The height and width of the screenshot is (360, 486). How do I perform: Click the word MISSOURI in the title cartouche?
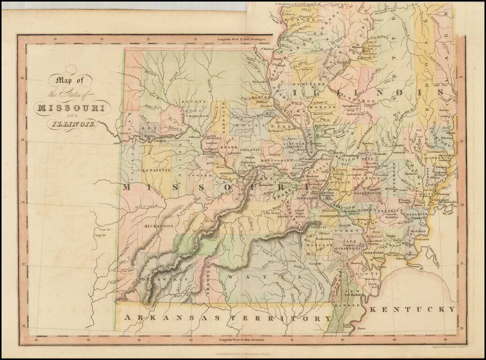[71, 107]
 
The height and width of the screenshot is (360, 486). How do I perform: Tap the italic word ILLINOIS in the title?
[71, 124]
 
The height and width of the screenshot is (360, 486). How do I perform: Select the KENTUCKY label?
[412, 309]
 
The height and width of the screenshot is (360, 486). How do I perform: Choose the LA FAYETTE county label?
[157, 170]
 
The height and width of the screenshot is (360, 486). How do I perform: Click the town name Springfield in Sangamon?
[349, 106]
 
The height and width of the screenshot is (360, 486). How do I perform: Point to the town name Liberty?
[124, 133]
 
